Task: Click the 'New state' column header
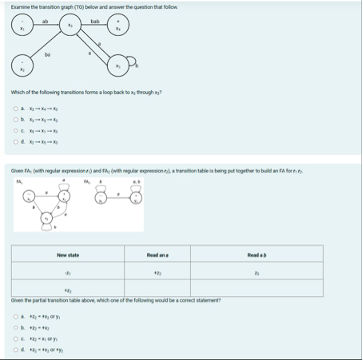point(67,254)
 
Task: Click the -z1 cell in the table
point(67,273)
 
